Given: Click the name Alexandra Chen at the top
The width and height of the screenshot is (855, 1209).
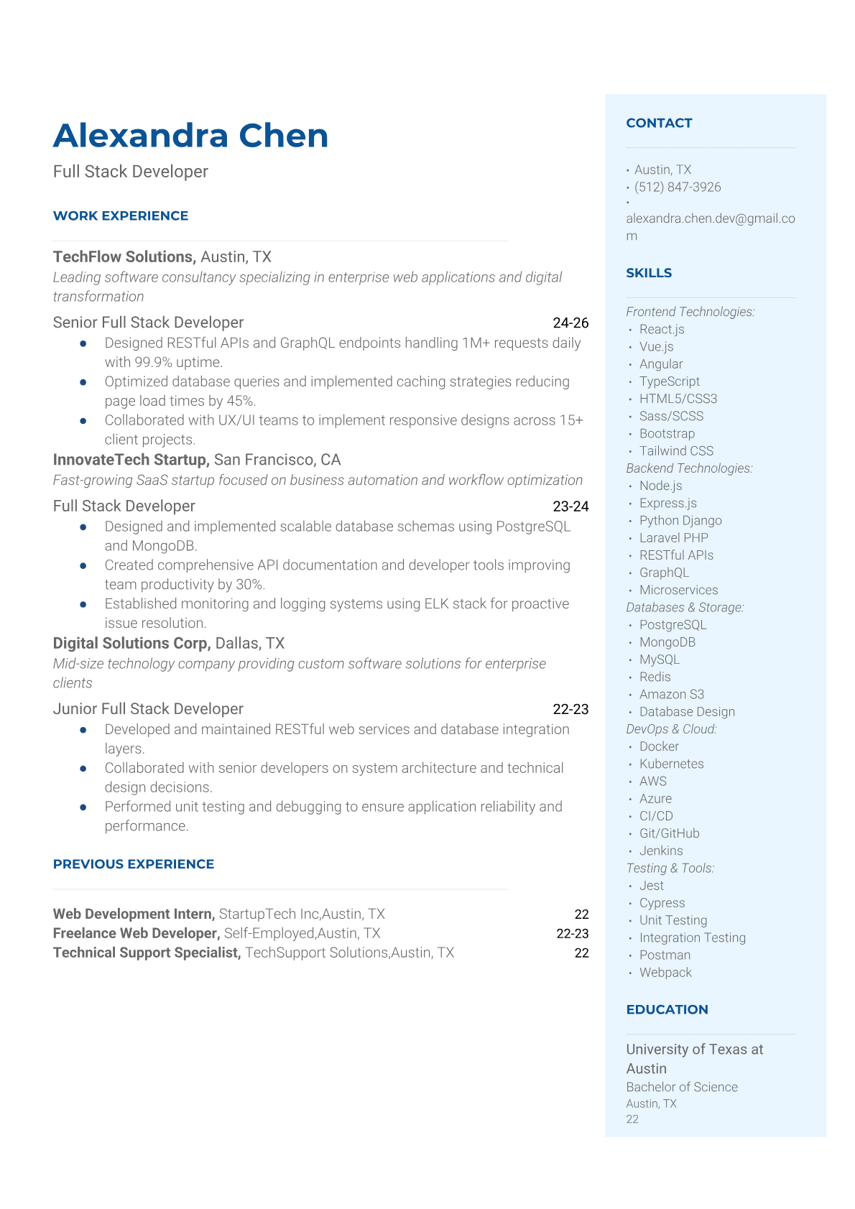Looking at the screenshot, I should pyautogui.click(x=190, y=136).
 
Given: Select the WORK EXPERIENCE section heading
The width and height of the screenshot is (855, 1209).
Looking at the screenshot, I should pyautogui.click(x=121, y=216).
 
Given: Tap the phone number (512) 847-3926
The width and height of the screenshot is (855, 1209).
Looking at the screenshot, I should pyautogui.click(x=678, y=187).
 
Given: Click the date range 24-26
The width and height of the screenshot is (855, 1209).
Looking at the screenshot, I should pyautogui.click(x=570, y=323).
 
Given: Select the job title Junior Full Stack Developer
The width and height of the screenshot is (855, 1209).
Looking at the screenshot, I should pyautogui.click(x=148, y=709).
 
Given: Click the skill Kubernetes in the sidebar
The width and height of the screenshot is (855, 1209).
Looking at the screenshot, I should pyautogui.click(x=671, y=764).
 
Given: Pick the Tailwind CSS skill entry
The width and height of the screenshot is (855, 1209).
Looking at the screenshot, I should pyautogui.click(x=676, y=450).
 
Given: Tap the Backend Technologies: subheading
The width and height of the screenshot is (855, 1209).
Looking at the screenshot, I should pyautogui.click(x=689, y=468).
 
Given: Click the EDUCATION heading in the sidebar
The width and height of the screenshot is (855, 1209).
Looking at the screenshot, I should pyautogui.click(x=667, y=1009).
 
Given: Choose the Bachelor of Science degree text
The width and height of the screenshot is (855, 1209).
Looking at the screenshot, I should pyautogui.click(x=682, y=1087).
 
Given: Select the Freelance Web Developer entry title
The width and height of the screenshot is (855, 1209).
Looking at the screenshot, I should pyautogui.click(x=136, y=933).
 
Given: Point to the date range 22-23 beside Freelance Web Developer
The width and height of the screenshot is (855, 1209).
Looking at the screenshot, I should pyautogui.click(x=572, y=933).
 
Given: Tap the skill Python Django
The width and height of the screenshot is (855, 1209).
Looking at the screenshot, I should pyautogui.click(x=680, y=520).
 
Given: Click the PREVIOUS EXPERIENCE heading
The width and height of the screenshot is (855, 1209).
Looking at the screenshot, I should pyautogui.click(x=134, y=864).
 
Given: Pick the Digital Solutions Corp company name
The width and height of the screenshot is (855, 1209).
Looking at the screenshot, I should pyautogui.click(x=131, y=643).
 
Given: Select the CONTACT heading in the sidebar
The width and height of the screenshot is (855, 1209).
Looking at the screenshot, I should pyautogui.click(x=659, y=123).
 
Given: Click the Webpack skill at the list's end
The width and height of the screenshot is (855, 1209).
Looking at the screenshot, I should pyautogui.click(x=665, y=972).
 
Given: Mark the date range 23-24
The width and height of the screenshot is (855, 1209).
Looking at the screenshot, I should pyautogui.click(x=570, y=506).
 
